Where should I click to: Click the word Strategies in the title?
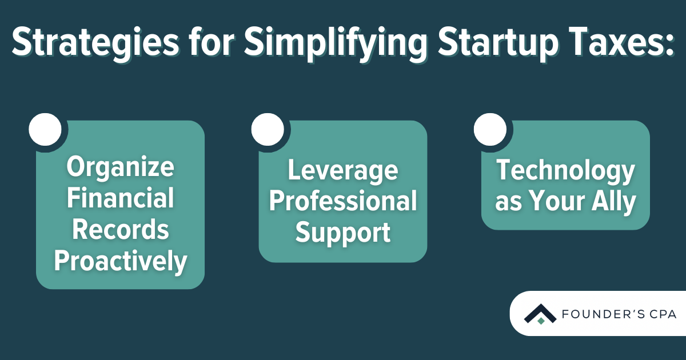coord(95,42)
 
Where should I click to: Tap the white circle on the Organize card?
coord(45,130)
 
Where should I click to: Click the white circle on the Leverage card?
coord(268,130)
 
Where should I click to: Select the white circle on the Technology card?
coord(490,130)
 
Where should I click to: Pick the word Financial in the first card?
coord(121,198)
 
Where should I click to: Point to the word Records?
coord(121,230)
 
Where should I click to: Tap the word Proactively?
coord(121,261)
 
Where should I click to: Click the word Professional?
coord(343,201)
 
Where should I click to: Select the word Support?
coord(343,233)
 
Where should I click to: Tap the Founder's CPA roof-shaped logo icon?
coord(540,314)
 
